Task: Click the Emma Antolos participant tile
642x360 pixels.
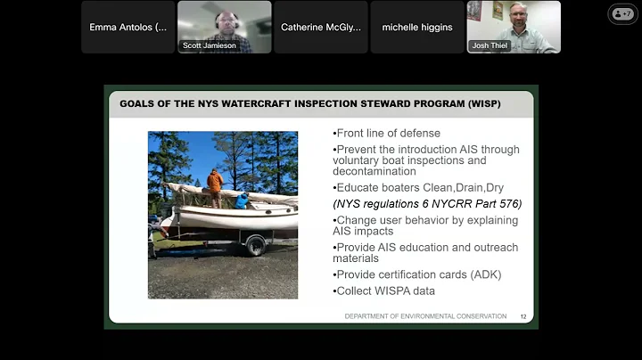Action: (128, 27)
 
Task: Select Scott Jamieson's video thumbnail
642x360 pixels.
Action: (224, 27)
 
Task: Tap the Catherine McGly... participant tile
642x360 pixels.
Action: (320, 27)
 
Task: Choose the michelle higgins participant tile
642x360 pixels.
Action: (417, 27)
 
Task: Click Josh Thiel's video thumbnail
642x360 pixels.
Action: (514, 27)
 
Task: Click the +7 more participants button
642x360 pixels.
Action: (622, 14)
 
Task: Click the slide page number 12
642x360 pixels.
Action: (523, 316)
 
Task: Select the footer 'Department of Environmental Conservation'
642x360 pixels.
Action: (425, 316)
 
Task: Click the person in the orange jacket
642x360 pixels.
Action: (215, 184)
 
